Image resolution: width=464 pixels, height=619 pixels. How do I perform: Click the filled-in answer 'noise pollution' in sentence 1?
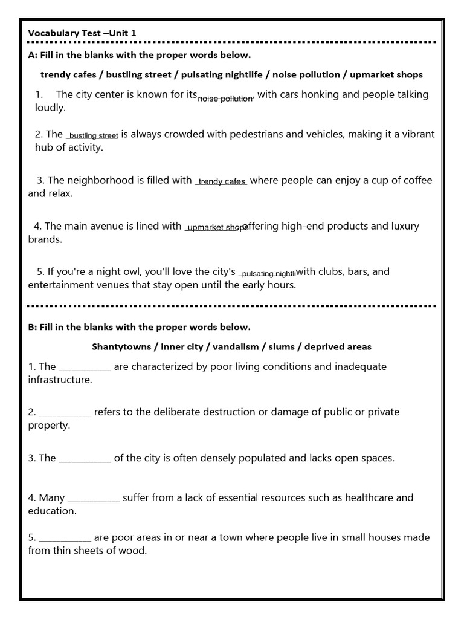(x=226, y=98)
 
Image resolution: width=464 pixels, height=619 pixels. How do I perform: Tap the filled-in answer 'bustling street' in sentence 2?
(x=93, y=136)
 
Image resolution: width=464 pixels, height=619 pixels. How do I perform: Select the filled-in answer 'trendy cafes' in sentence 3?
(x=221, y=181)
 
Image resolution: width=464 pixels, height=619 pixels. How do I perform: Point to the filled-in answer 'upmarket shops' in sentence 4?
(x=216, y=228)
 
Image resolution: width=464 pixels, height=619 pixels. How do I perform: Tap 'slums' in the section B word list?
(x=282, y=347)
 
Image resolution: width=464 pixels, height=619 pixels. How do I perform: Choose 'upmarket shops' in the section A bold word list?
(x=386, y=75)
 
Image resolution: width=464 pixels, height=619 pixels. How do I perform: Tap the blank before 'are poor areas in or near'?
(x=65, y=538)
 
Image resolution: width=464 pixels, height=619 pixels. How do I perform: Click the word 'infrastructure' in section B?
(x=60, y=380)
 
